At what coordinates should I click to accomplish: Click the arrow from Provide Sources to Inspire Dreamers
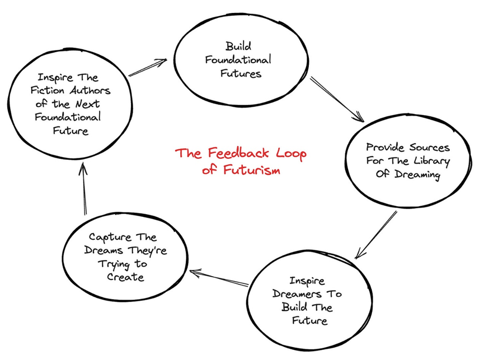coord(376,235)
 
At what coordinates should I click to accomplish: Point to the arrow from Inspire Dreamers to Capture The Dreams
coord(219,278)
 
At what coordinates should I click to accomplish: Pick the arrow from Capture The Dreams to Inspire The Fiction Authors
coord(83,190)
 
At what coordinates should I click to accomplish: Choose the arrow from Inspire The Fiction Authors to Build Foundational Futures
coord(148,68)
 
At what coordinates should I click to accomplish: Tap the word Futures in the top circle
coord(240,73)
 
